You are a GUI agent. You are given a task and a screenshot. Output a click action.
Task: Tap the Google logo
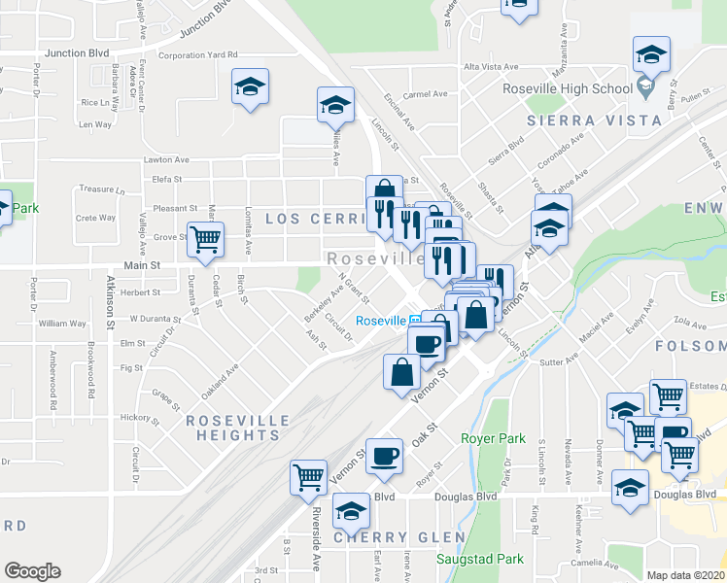tap(32, 570)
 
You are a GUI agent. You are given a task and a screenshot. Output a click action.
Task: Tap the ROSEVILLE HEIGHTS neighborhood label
tap(238, 428)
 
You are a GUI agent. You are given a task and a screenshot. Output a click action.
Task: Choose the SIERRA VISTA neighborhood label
tap(581, 121)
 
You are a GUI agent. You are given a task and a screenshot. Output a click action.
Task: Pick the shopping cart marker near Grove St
tap(205, 239)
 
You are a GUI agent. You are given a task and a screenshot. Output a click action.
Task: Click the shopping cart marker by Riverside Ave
tap(308, 478)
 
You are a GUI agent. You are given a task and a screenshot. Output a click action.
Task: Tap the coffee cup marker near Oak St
tap(384, 456)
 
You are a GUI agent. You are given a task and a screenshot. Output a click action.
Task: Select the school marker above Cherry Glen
tap(351, 511)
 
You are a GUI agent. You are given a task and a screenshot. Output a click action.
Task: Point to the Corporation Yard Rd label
tap(197, 55)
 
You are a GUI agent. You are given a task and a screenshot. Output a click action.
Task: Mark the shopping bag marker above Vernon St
tap(402, 373)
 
